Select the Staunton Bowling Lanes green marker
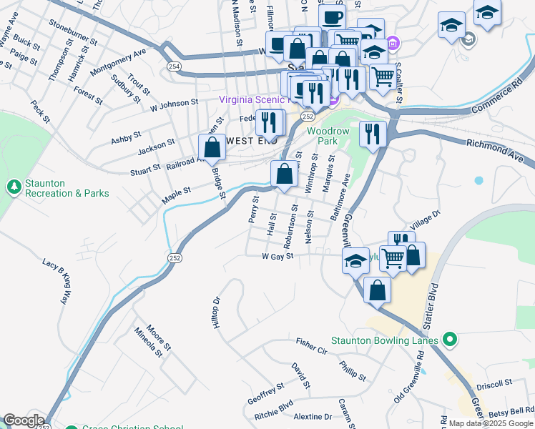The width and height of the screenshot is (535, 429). pos(449,339)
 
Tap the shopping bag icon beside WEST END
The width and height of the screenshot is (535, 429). pos(212,148)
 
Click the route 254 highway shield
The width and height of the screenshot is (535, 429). pos(174,66)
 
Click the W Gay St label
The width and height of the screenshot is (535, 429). pos(278,256)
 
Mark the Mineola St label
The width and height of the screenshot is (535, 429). pos(149,342)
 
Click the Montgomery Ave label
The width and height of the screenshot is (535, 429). pos(118,59)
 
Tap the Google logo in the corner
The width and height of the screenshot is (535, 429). pos(23,420)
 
